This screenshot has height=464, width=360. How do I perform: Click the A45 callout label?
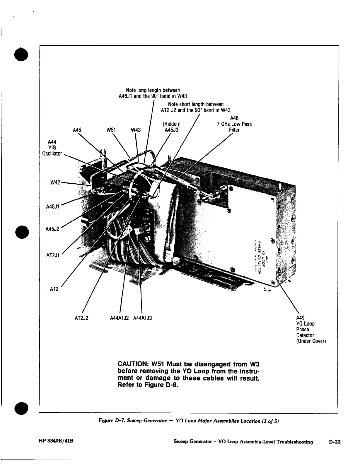tap(77, 130)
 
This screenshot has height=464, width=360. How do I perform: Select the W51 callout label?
tap(111, 130)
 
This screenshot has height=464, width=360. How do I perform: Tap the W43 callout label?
tap(136, 130)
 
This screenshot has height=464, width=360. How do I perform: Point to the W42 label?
tap(55, 182)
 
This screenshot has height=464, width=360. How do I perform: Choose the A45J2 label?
tap(53, 229)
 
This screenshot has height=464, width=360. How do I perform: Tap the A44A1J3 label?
tap(143, 318)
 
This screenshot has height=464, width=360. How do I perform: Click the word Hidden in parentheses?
tap(171, 124)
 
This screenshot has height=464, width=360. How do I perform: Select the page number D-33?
tap(334, 442)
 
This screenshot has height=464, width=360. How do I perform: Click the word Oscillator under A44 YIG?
tap(52, 153)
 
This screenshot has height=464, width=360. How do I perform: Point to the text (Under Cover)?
tap(311, 341)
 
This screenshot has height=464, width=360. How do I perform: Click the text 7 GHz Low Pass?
tap(234, 124)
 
